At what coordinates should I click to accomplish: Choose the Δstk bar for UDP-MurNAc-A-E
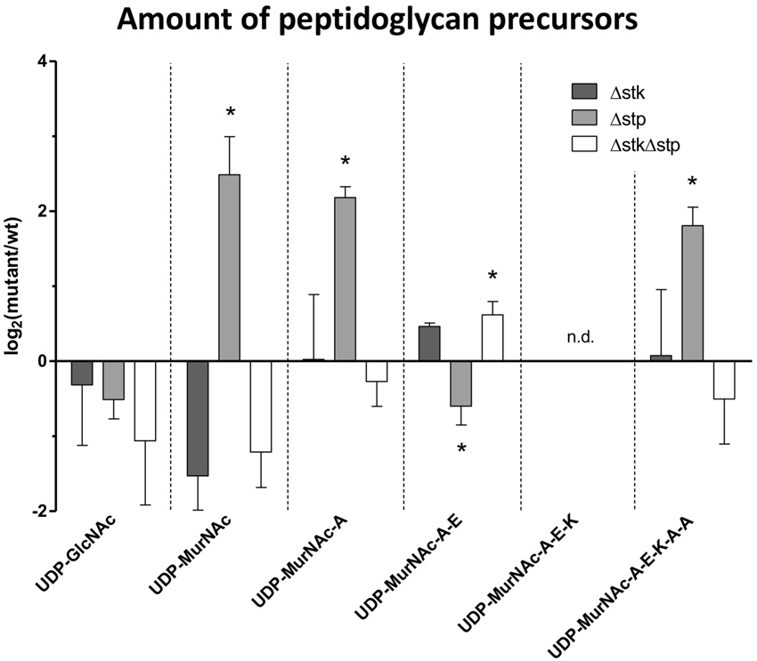tap(429, 343)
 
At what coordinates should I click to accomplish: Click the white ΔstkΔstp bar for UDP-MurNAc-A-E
tap(492, 338)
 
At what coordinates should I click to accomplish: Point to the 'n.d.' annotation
tap(580, 337)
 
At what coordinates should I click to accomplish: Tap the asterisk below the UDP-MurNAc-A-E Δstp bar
tap(461, 449)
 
